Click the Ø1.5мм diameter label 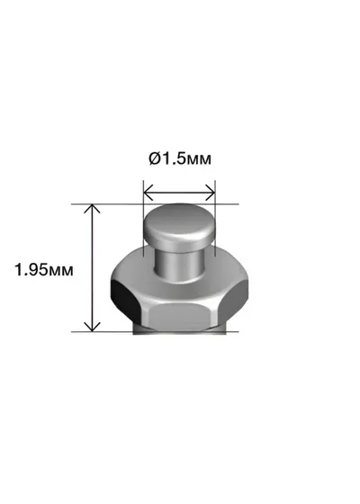pyautogui.click(x=180, y=158)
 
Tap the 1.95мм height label pyautogui.click(x=44, y=269)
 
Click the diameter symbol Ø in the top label pyautogui.click(x=154, y=158)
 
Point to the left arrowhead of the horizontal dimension pyautogui.click(x=148, y=193)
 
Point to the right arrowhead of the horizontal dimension pyautogui.click(x=211, y=193)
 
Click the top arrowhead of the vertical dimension pyautogui.click(x=92, y=208)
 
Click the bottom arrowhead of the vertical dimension pyautogui.click(x=92, y=327)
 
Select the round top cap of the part pyautogui.click(x=178, y=227)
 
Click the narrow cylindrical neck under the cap pyautogui.click(x=179, y=265)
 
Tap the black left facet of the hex pyautogui.click(x=124, y=301)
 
